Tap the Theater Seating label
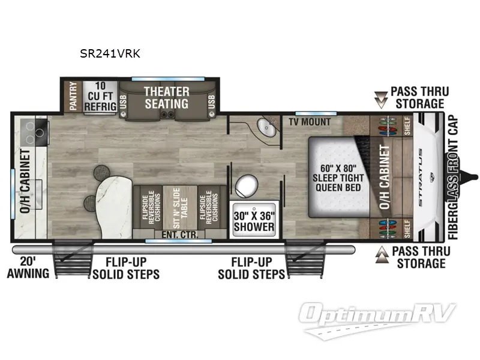[x=166, y=98]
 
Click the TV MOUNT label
[x=309, y=122]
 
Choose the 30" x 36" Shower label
[x=253, y=221]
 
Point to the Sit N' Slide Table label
[x=182, y=208]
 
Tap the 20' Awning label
[x=28, y=268]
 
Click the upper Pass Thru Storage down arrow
[x=380, y=97]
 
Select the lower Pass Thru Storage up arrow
[x=380, y=257]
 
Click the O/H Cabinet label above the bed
[x=385, y=178]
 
